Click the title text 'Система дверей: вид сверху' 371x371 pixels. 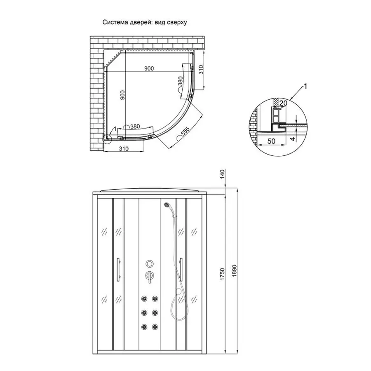click(145, 22)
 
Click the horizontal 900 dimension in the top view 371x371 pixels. click(149, 68)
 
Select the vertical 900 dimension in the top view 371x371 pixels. click(122, 95)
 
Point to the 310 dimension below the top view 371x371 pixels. click(124, 148)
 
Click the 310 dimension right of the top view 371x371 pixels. click(201, 70)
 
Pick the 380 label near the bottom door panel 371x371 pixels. click(135, 127)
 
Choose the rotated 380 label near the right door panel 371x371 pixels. click(180, 81)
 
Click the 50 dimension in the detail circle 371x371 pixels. click(271, 141)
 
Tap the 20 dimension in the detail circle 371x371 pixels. click(283, 103)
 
